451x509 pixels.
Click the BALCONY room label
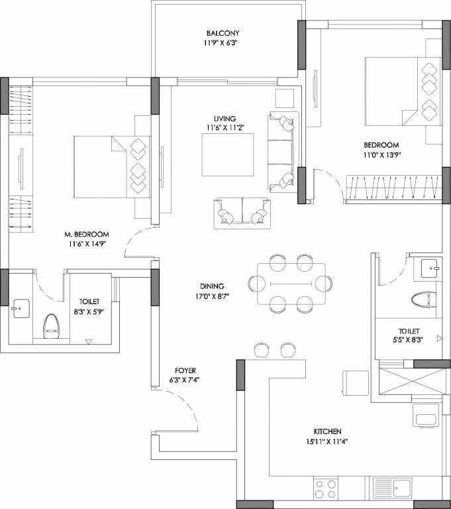pos(222,33)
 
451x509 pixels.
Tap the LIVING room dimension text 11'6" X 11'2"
pos(228,129)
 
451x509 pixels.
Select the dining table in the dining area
pos(291,283)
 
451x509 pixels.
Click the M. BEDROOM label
pos(86,235)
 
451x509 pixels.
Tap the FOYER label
pos(185,370)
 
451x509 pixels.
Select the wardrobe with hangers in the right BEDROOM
pos(393,188)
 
